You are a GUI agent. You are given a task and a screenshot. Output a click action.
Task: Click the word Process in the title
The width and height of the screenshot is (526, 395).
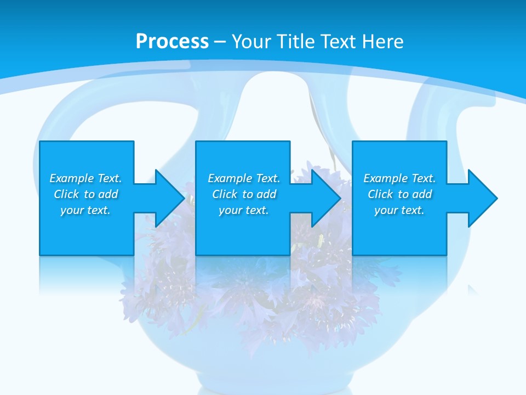172,42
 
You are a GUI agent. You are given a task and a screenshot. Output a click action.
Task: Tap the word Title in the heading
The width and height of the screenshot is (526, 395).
296,42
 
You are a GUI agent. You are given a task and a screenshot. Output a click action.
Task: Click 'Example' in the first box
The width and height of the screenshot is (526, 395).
72,178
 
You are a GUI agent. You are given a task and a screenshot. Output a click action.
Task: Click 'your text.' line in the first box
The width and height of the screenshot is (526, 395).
85,210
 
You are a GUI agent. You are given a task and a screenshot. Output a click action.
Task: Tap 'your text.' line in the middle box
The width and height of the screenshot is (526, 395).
243,210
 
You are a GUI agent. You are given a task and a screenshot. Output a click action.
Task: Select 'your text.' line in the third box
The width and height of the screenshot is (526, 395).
399,210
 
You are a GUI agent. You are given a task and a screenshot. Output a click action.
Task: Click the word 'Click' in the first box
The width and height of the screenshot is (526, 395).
66,194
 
